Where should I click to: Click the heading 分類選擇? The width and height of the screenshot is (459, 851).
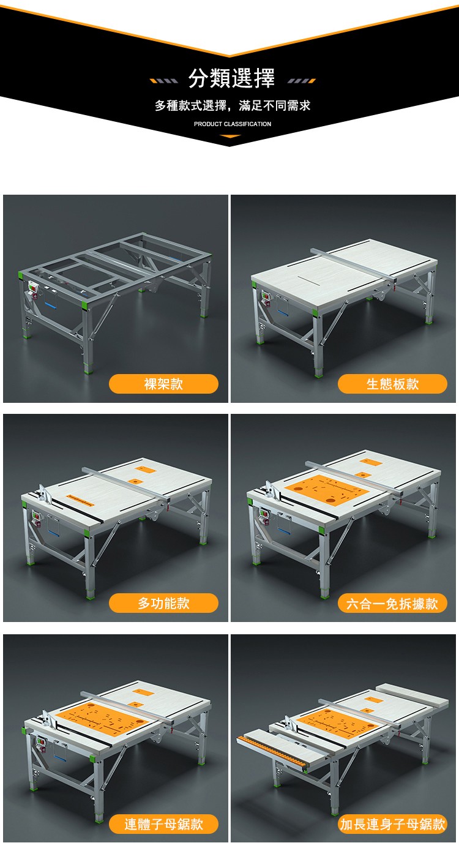click(231, 78)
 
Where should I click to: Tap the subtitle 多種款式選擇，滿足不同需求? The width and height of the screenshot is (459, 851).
click(233, 106)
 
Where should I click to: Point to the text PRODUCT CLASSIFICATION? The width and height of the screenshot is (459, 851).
click(233, 124)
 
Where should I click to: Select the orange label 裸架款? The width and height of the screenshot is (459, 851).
click(163, 384)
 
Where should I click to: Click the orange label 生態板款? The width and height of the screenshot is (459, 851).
click(392, 384)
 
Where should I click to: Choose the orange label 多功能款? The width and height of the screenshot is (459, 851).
click(163, 603)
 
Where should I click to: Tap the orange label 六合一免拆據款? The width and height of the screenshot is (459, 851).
click(392, 603)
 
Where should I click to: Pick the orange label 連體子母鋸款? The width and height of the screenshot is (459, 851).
click(163, 824)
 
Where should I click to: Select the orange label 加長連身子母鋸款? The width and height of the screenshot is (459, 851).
click(392, 824)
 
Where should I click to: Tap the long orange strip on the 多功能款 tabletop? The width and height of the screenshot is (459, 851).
click(80, 500)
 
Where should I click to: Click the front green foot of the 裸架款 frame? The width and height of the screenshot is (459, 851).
click(89, 368)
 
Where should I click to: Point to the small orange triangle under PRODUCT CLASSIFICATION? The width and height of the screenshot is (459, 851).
click(230, 136)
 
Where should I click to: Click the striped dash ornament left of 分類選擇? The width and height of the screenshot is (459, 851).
click(164, 81)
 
